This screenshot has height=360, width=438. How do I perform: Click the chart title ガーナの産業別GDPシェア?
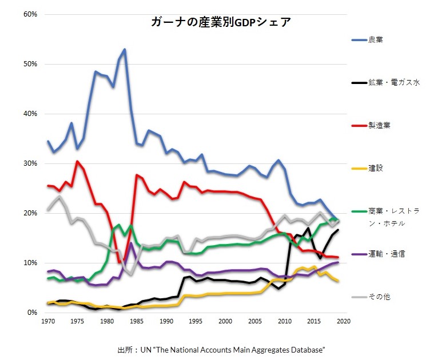tap(221, 23)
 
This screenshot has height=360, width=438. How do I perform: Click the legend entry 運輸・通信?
tap(387, 253)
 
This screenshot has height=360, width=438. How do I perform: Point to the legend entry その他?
tap(380, 297)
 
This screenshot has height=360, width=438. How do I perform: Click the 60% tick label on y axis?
tap(30, 14)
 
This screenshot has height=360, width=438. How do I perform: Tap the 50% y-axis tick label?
tap(30, 64)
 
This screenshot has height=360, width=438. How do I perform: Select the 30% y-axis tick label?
tap(30, 163)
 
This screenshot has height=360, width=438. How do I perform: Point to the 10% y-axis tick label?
tap(30, 263)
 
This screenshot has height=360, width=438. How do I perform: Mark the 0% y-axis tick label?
tap(31, 313)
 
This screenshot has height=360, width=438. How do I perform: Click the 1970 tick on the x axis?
tap(47, 322)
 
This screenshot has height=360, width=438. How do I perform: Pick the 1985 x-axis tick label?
tap(136, 322)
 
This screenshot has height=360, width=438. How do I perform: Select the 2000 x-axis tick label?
tap(225, 322)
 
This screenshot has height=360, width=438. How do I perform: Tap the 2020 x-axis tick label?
tap(344, 322)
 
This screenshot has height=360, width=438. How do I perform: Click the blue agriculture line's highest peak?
tap(124, 50)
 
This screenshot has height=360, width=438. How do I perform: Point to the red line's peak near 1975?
tap(77, 161)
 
